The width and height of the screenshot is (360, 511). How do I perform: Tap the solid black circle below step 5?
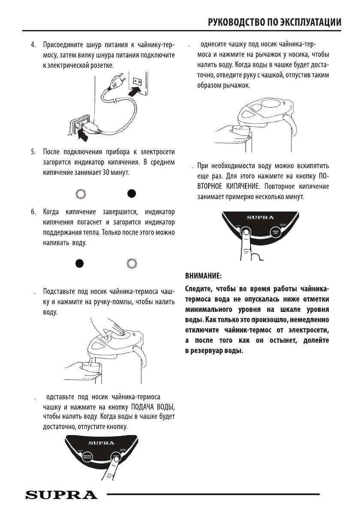tap(132, 193)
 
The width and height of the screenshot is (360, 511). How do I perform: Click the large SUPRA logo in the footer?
tap(61, 496)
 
